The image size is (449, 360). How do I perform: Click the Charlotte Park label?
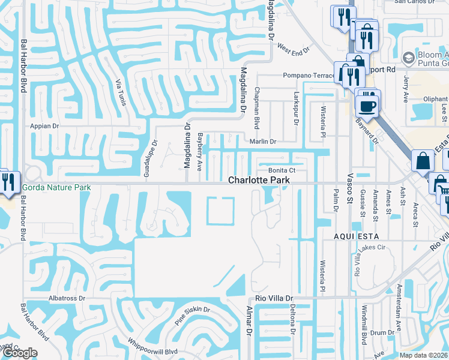click(x=259, y=180)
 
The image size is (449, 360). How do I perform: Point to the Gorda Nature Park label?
click(x=56, y=188)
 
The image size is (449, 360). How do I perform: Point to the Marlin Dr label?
click(x=262, y=142)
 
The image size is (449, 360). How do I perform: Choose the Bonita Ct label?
click(x=279, y=170)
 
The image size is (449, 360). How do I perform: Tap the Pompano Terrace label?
click(x=309, y=76)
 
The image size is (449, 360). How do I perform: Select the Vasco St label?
click(x=351, y=192)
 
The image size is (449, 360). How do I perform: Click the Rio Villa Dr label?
click(x=274, y=298)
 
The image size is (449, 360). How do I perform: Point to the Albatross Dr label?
click(x=67, y=298)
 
